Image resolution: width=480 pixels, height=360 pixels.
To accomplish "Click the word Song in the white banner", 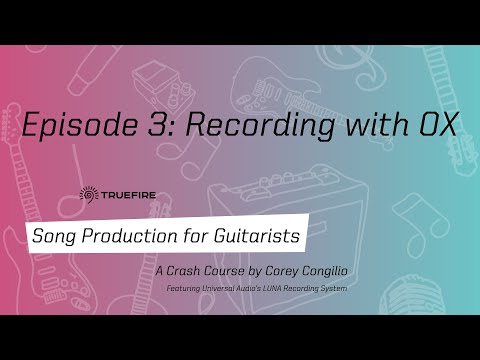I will click(54, 237).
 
